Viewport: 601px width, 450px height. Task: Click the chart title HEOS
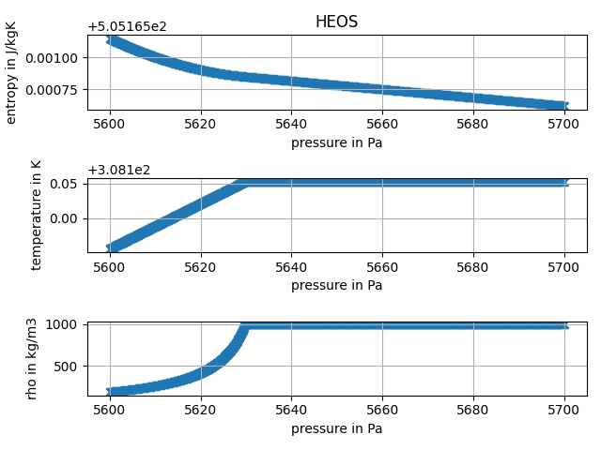336,22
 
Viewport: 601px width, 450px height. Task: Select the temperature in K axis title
36,215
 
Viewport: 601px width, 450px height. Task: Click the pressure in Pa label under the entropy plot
336,143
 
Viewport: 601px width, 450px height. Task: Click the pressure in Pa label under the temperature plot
336,285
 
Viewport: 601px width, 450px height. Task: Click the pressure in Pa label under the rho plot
336,428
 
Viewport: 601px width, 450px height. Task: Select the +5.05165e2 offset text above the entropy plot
127,26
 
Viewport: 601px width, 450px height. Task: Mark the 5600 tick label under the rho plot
110,410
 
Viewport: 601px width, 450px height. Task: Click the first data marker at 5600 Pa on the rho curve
111,392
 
